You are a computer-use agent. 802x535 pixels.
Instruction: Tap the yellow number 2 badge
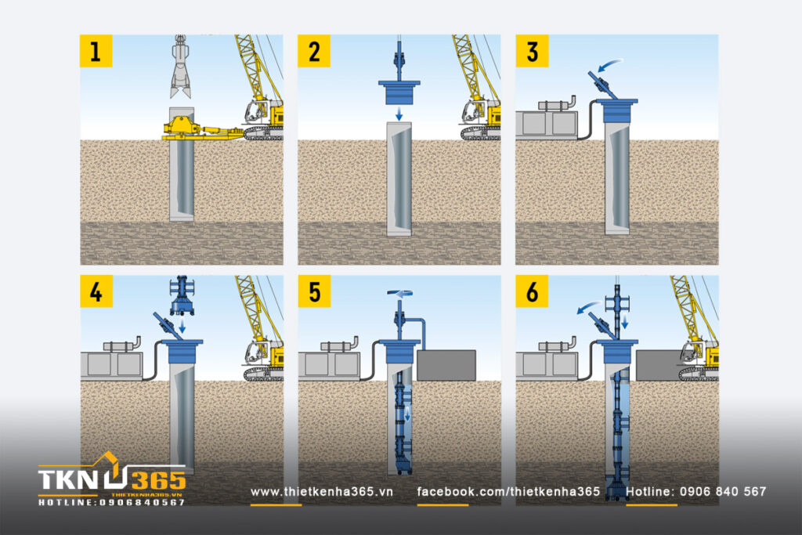[314, 51]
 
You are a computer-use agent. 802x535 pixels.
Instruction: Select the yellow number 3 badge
[532, 51]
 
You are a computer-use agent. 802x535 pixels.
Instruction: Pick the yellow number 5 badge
[314, 291]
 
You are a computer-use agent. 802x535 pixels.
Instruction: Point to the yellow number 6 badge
[532, 291]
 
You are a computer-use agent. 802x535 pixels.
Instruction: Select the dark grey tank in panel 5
[446, 365]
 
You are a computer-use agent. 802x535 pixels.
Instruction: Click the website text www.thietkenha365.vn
[321, 491]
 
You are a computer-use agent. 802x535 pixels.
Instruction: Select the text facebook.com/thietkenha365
[508, 491]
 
